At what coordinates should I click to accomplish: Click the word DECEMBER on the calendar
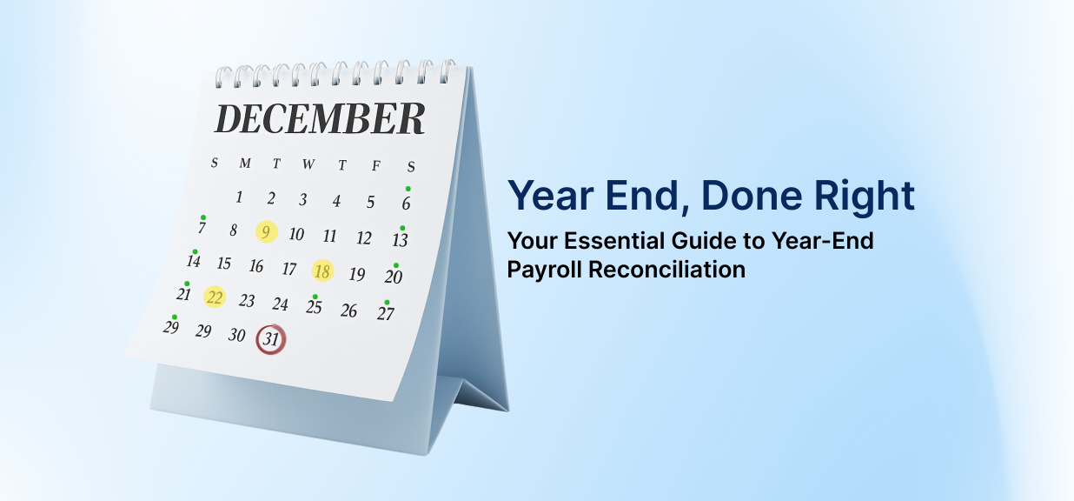coord(320,119)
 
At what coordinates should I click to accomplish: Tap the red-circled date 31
coord(271,340)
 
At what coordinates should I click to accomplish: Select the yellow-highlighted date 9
coord(267,232)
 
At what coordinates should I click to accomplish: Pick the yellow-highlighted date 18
coord(322,271)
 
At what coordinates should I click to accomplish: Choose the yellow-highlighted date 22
coord(215,297)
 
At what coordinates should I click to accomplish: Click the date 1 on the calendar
coord(239,197)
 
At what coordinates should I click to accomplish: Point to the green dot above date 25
coord(315,297)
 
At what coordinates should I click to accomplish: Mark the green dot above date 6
coord(408,189)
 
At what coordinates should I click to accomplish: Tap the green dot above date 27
coord(387,302)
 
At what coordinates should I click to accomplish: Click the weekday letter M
coord(245,163)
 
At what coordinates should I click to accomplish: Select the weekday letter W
coord(308,164)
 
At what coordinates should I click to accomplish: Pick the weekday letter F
coord(376,166)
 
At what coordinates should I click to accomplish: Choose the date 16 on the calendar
coord(255,266)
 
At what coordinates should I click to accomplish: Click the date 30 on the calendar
coord(236,335)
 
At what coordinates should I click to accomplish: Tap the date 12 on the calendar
coord(364,238)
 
